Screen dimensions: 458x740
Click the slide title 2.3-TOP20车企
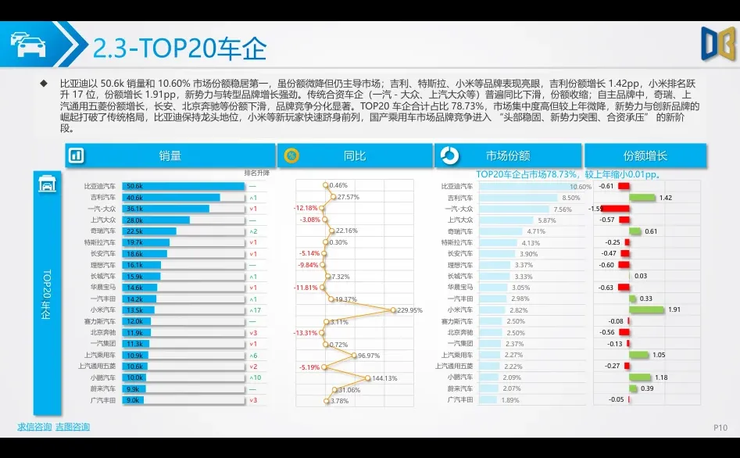(x=179, y=48)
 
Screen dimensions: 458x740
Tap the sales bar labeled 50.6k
(x=183, y=187)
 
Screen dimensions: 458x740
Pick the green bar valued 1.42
(x=640, y=198)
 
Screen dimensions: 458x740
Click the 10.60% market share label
(x=581, y=187)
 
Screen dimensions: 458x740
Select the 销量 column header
(x=170, y=156)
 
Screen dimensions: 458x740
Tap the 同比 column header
(x=355, y=156)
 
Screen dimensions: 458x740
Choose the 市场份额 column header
(x=508, y=156)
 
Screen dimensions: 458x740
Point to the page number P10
(x=720, y=428)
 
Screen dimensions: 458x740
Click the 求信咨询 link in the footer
(x=34, y=427)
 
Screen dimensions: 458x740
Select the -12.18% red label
(x=306, y=208)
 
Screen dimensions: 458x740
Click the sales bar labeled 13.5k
(x=138, y=310)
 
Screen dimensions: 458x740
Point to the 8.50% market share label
(x=571, y=198)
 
